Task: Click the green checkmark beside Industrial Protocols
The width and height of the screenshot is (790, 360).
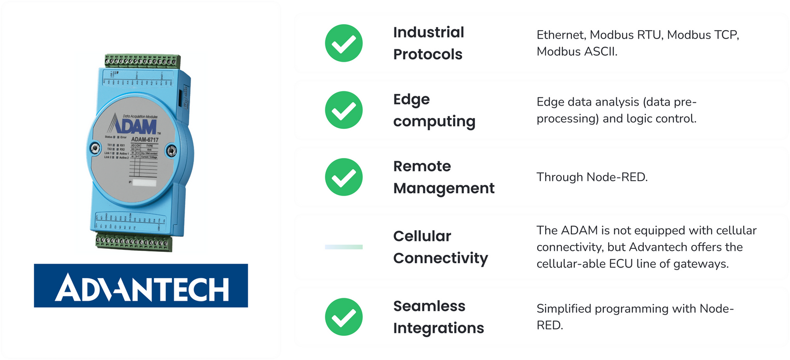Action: click(344, 43)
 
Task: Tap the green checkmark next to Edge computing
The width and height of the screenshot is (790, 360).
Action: click(344, 110)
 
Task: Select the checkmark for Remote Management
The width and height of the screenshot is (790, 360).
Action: click(344, 177)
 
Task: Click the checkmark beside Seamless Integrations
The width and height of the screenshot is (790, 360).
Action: click(344, 317)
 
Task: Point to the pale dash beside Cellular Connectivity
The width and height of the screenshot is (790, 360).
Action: click(344, 247)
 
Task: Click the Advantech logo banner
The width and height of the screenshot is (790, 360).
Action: click(141, 285)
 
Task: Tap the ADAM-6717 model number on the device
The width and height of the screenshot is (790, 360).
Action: click(145, 140)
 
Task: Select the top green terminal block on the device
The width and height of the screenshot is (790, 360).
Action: click(142, 61)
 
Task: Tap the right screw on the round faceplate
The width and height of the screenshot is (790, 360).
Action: click(170, 149)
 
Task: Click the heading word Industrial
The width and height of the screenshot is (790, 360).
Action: click(429, 33)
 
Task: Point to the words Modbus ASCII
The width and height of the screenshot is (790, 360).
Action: click(576, 52)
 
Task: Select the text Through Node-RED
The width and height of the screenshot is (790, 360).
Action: click(592, 177)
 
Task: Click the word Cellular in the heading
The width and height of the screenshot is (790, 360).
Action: click(422, 237)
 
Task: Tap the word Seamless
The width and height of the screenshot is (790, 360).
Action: click(429, 306)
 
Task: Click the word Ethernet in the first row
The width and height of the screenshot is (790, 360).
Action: click(561, 35)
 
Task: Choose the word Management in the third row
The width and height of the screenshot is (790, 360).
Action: click(444, 188)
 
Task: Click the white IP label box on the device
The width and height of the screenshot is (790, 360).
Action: click(145, 183)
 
